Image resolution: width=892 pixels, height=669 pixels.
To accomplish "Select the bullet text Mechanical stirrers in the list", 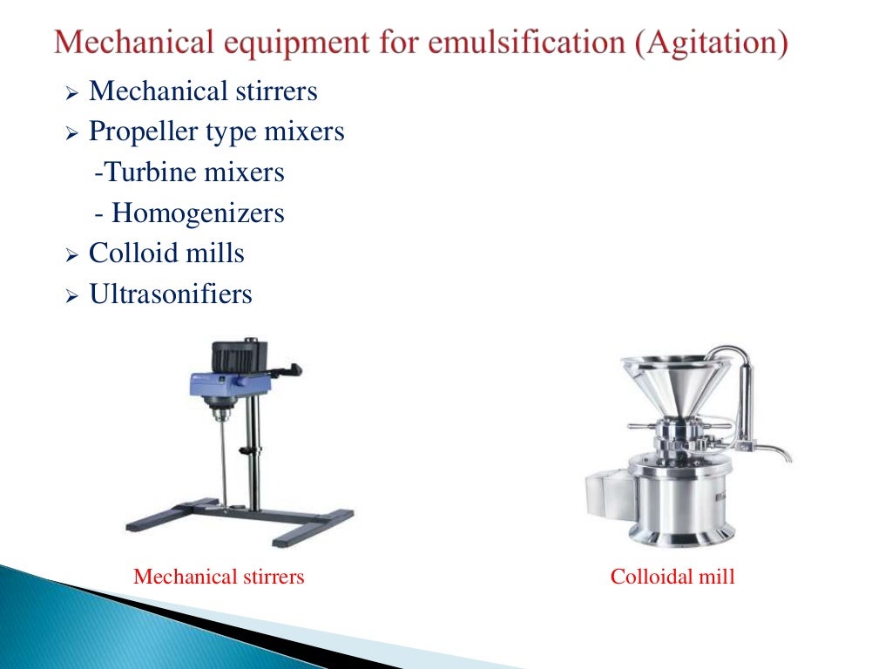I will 203,91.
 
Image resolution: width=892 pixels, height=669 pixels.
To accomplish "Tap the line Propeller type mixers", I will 216,132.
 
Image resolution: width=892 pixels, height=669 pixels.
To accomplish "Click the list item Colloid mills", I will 166,253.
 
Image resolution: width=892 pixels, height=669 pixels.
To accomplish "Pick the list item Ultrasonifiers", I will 171,294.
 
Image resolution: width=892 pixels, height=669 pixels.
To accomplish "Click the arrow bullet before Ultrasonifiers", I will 72,297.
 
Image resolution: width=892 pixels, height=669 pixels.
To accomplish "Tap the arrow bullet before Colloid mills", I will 72,256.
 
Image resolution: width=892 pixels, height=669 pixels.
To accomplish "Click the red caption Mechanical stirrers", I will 219,576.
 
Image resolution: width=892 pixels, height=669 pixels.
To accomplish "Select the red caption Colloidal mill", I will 672,576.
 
